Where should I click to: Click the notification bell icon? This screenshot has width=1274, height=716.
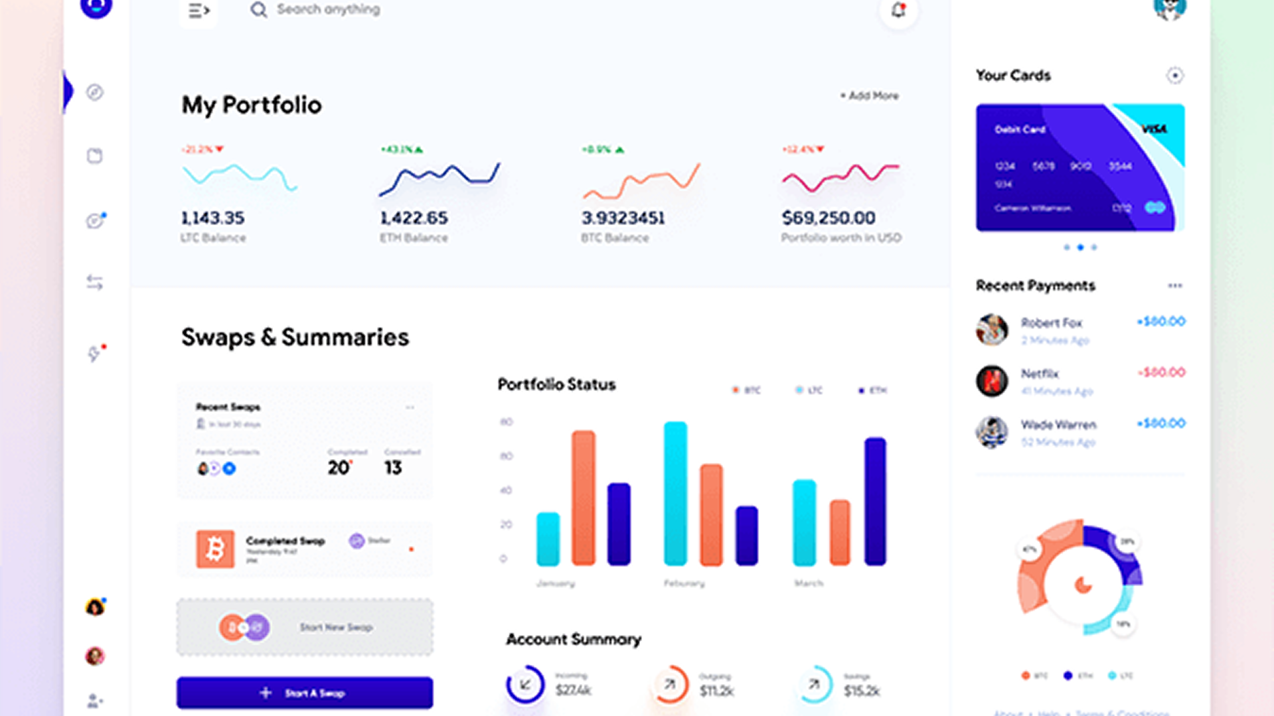point(898,10)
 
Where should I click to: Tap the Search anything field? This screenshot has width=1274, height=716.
point(328,9)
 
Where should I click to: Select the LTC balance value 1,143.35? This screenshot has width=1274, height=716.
point(212,218)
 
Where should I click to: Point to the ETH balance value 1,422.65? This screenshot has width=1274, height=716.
point(414,218)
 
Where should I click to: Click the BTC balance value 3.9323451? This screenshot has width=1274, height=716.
point(623,218)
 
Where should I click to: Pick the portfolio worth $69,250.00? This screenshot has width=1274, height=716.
point(828,218)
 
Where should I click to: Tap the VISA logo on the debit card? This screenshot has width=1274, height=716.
point(1154,129)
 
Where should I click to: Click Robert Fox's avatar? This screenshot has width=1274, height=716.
point(991,330)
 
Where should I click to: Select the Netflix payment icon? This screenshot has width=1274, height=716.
point(991,381)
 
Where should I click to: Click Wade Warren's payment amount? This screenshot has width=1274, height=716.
point(1160,423)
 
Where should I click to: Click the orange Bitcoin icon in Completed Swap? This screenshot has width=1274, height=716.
point(214,549)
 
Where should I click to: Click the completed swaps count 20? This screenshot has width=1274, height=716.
point(339,468)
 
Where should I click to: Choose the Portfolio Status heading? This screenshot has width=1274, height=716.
point(556,384)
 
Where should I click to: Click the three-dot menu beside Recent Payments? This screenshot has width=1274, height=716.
point(1174,286)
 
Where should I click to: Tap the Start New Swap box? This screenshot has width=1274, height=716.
point(305,627)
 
